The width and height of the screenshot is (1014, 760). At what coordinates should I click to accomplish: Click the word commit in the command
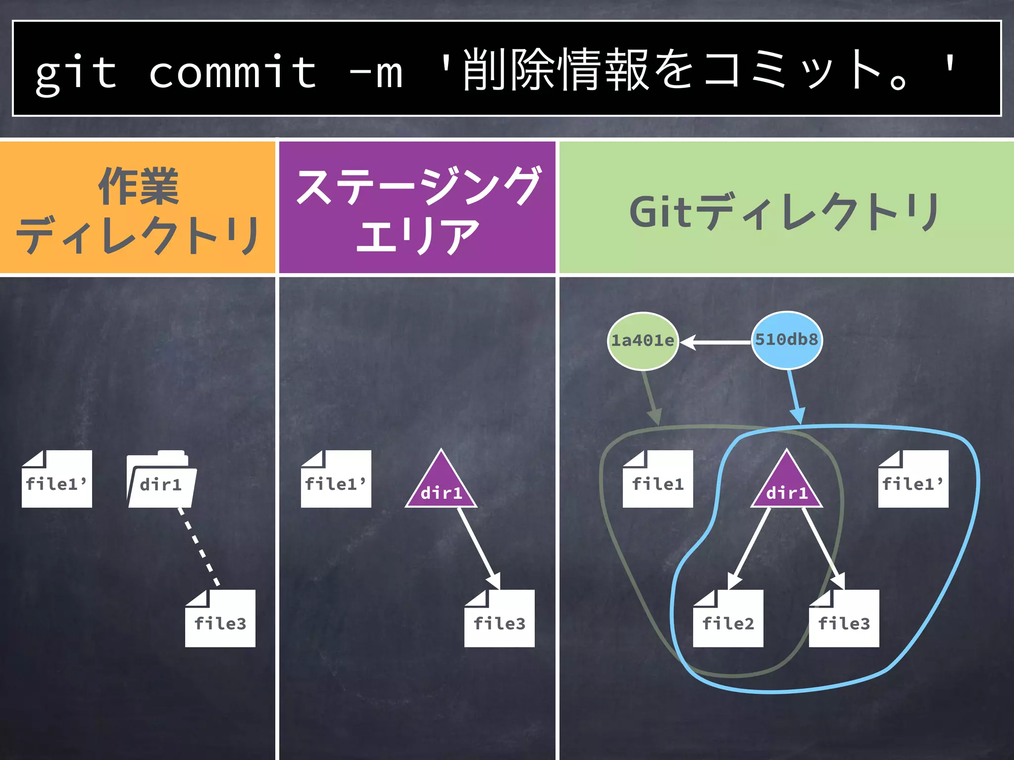point(233,73)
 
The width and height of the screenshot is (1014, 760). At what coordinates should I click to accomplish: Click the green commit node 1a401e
point(643,341)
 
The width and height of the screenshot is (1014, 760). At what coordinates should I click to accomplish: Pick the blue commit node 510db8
point(787,340)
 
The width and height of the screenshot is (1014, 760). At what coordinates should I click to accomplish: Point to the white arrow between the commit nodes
point(715,342)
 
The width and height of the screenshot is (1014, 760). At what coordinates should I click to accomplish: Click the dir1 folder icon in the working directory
point(161,480)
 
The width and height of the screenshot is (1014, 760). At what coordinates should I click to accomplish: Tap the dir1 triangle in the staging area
point(441,485)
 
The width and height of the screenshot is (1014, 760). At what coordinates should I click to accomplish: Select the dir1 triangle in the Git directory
point(787,485)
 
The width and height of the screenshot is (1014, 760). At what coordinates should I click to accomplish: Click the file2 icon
point(728,619)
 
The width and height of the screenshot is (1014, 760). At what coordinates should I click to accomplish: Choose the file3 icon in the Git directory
point(844,619)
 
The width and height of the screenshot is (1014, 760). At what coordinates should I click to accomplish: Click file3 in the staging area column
point(499,619)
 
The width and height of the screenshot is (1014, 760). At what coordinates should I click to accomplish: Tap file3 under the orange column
point(220,619)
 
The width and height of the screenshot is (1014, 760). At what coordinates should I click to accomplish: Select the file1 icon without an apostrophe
point(658,479)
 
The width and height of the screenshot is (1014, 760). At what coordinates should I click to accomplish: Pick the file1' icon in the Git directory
point(913,479)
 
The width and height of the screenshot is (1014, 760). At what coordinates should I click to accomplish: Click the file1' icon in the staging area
point(336,479)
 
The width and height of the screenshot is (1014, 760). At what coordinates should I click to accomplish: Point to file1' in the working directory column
point(56,479)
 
